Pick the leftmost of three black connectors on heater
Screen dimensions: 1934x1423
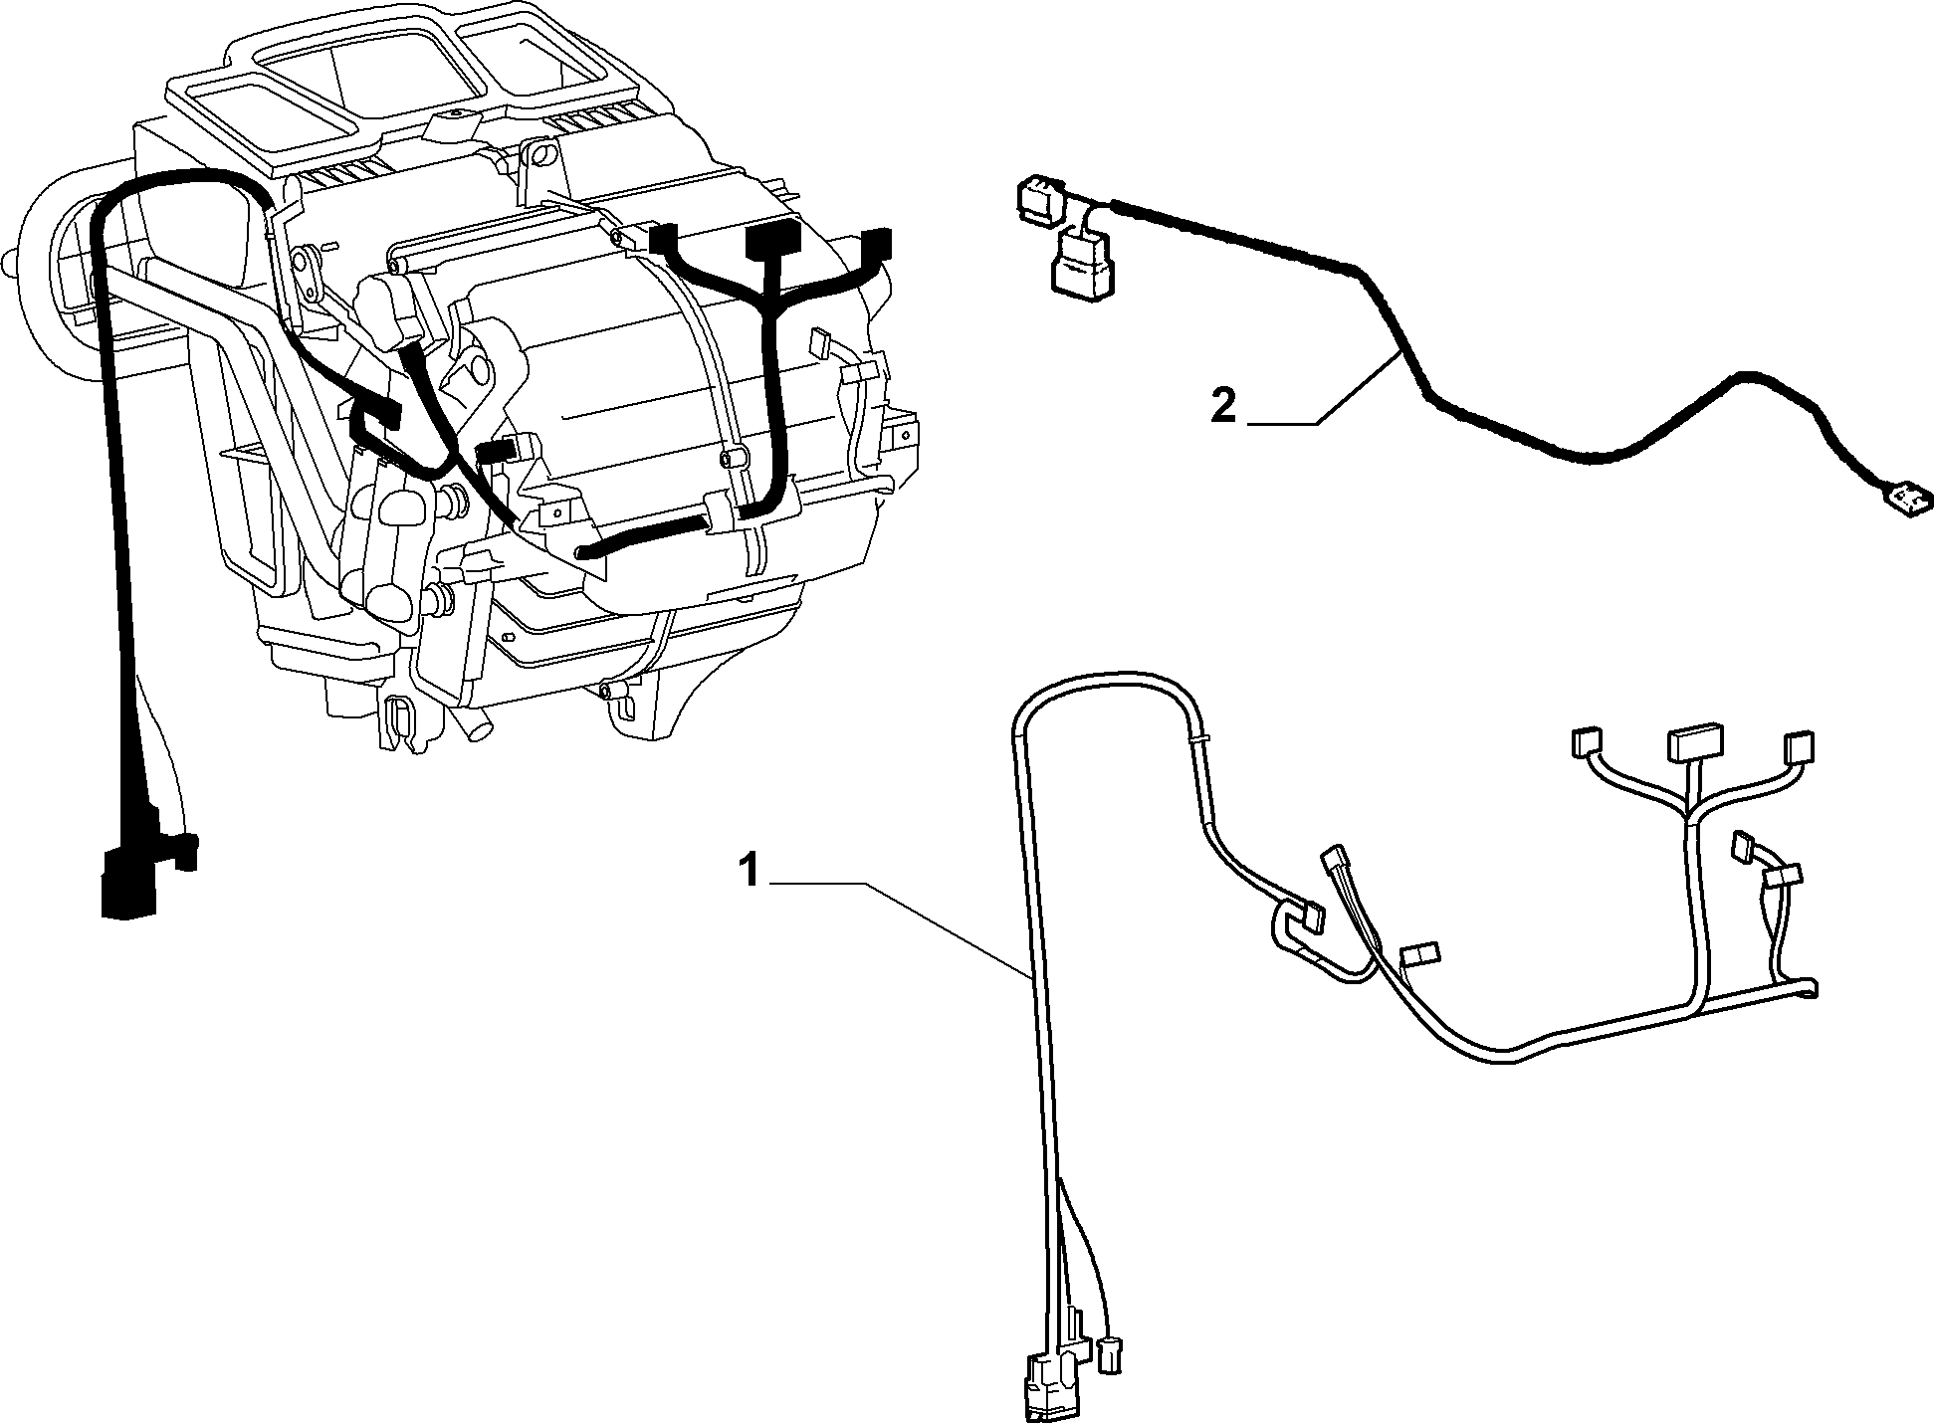663,242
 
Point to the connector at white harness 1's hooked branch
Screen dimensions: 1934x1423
1308,916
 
